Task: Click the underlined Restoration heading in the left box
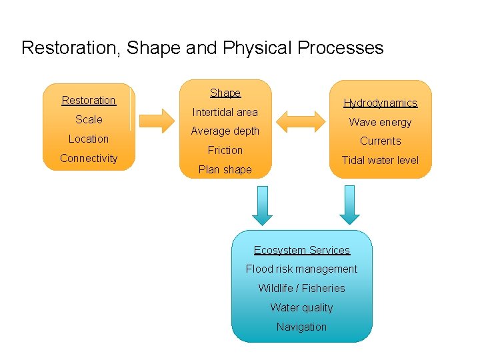[89, 100]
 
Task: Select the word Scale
[89, 119]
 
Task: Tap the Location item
[89, 139]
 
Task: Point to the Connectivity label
[89, 158]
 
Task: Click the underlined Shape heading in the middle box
[225, 93]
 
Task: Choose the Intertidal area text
[225, 112]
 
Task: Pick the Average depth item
[225, 131]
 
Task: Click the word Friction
[225, 150]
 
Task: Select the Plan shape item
[225, 169]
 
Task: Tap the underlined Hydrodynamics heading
[380, 103]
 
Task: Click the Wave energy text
[380, 122]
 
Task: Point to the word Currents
[380, 141]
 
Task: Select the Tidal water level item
[380, 160]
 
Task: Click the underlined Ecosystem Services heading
[301, 250]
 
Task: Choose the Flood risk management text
[301, 269]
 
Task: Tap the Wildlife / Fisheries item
[301, 288]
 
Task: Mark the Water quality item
[301, 307]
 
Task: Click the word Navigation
[301, 327]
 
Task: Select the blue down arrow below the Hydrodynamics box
[349, 205]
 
